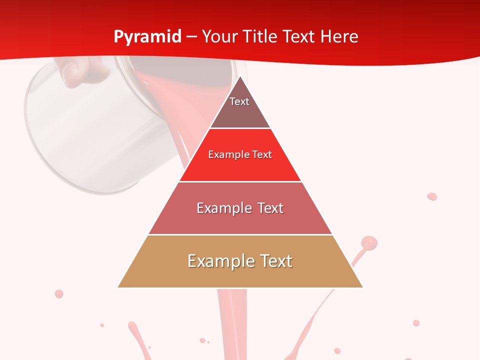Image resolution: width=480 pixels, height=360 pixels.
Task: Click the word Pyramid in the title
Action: [147, 37]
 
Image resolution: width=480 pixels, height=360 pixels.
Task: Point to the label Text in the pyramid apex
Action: [239, 101]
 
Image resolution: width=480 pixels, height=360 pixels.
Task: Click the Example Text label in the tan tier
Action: [240, 261]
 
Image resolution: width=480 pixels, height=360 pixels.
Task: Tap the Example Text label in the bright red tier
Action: [240, 154]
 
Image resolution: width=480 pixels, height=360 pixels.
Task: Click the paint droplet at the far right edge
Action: [432, 196]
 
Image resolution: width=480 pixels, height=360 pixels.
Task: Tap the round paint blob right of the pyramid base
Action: [369, 243]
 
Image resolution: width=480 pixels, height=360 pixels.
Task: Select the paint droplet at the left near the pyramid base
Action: [59, 293]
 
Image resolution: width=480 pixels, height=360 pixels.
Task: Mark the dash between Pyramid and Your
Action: [191, 37]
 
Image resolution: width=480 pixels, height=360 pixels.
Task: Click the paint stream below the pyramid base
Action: [232, 320]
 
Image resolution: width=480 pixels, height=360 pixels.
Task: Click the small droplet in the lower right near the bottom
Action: [416, 323]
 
